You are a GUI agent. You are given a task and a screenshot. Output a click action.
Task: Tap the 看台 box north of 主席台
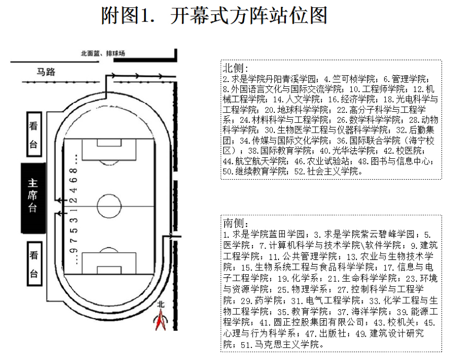33,135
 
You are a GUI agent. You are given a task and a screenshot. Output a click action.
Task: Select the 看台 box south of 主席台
33,264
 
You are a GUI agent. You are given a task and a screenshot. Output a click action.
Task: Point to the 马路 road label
45,72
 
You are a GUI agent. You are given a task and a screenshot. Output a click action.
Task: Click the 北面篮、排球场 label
103,53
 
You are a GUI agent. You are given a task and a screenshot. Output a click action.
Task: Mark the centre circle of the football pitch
109,205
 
